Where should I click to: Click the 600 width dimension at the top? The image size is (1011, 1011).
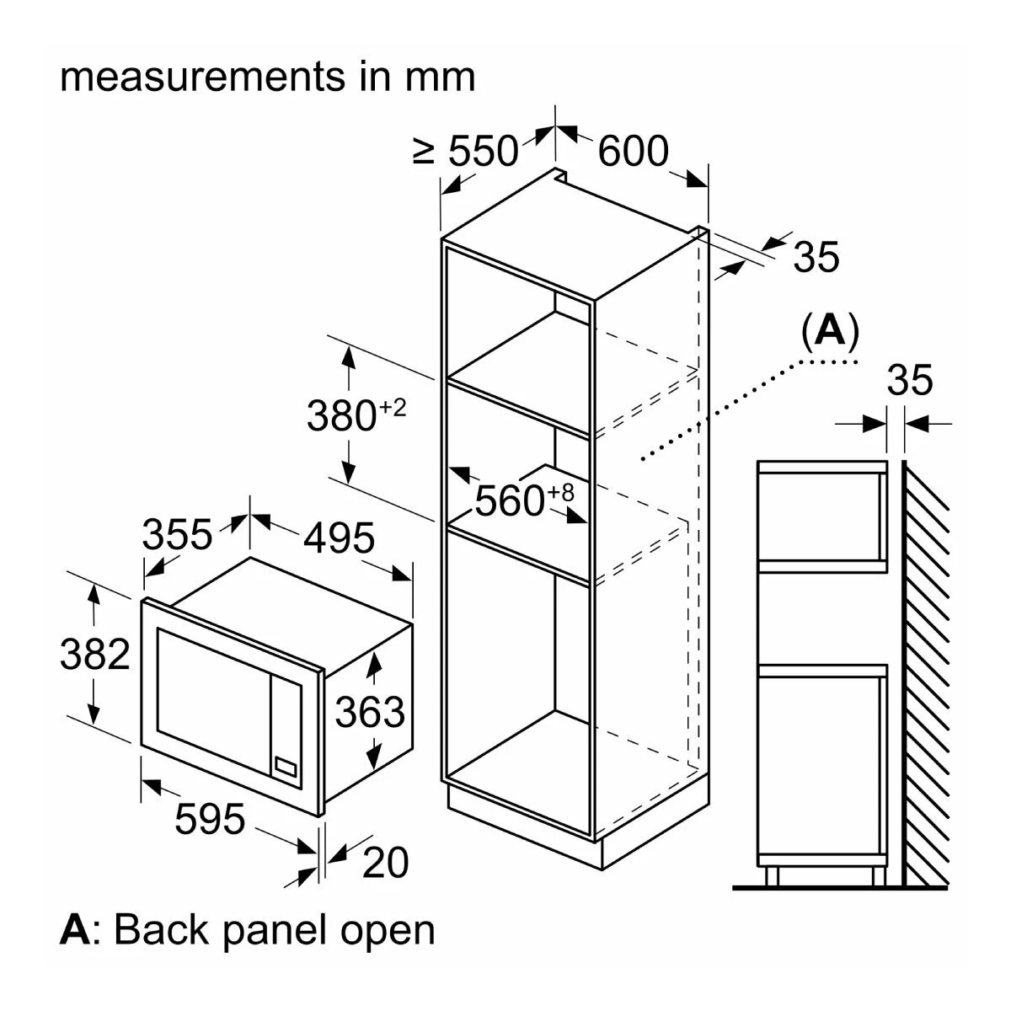633,152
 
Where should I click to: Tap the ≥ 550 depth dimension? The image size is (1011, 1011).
466,152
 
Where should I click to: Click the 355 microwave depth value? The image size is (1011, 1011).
177,534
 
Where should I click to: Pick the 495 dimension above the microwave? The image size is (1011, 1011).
338,538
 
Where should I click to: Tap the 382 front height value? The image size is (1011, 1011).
95,655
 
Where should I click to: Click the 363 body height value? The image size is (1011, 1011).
370,713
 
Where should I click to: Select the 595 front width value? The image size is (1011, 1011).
210,818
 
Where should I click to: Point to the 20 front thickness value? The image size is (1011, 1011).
385,862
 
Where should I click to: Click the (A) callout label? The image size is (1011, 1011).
831,332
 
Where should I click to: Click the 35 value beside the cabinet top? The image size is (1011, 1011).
816,257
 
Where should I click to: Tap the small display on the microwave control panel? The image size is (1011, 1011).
285,766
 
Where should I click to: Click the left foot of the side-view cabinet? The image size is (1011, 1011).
772,875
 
